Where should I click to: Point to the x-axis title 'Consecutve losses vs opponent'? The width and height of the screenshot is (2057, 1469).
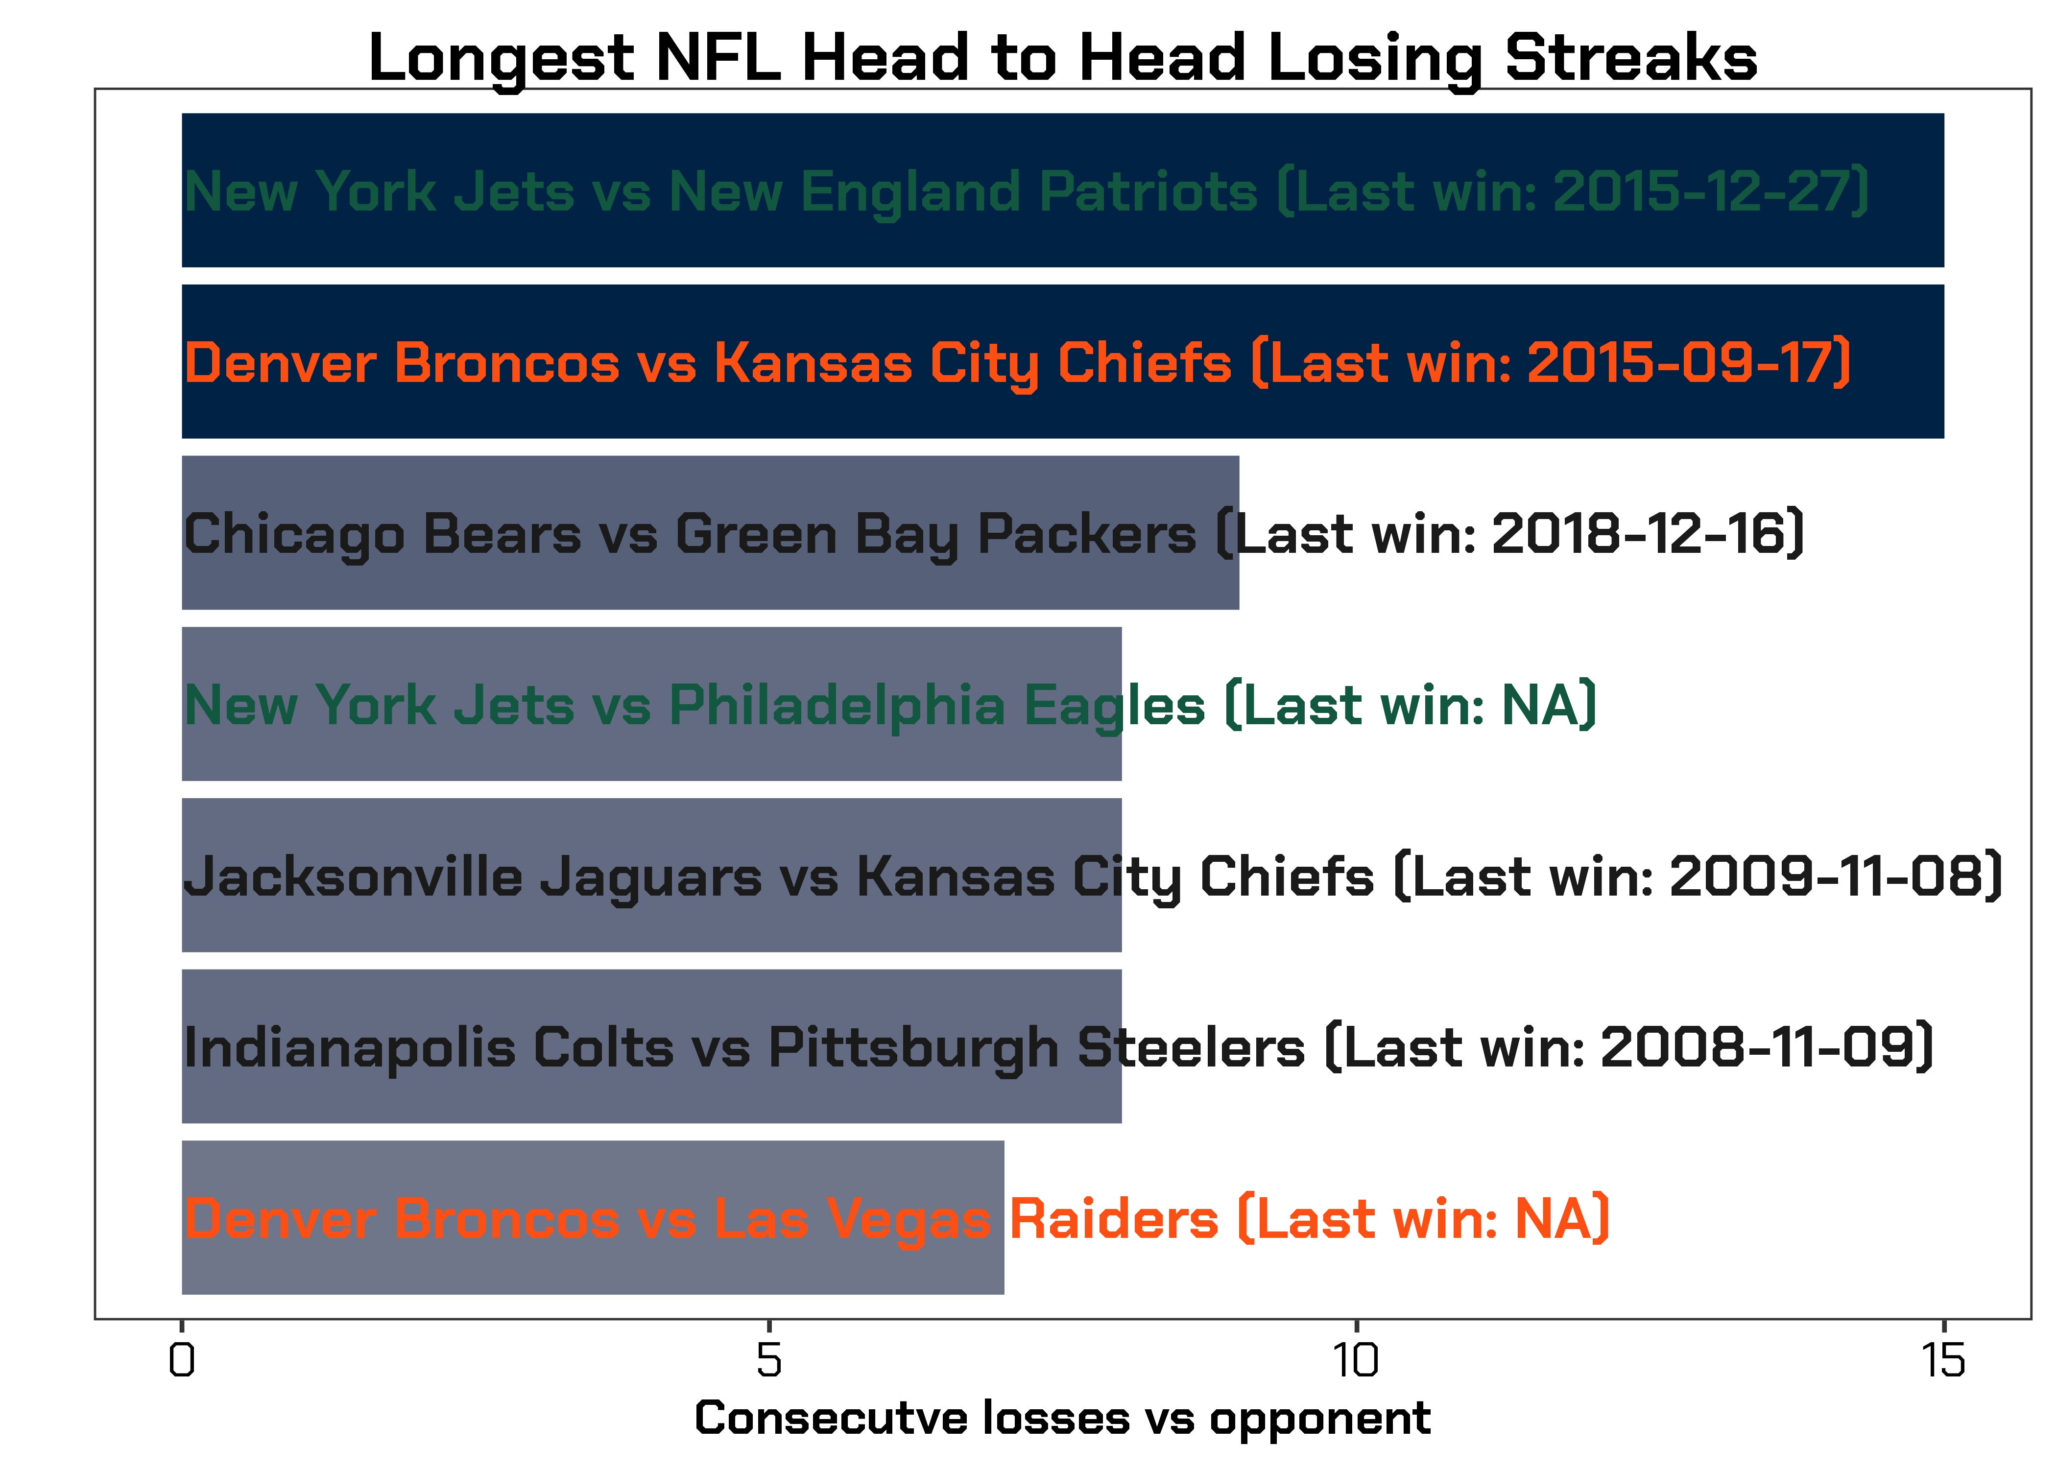pyautogui.click(x=1062, y=1419)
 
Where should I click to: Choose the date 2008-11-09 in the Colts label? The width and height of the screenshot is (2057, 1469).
pyautogui.click(x=1757, y=1047)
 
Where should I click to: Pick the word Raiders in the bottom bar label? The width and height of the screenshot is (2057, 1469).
pyautogui.click(x=1114, y=1218)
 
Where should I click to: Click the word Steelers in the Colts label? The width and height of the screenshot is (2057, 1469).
pyautogui.click(x=1191, y=1047)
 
